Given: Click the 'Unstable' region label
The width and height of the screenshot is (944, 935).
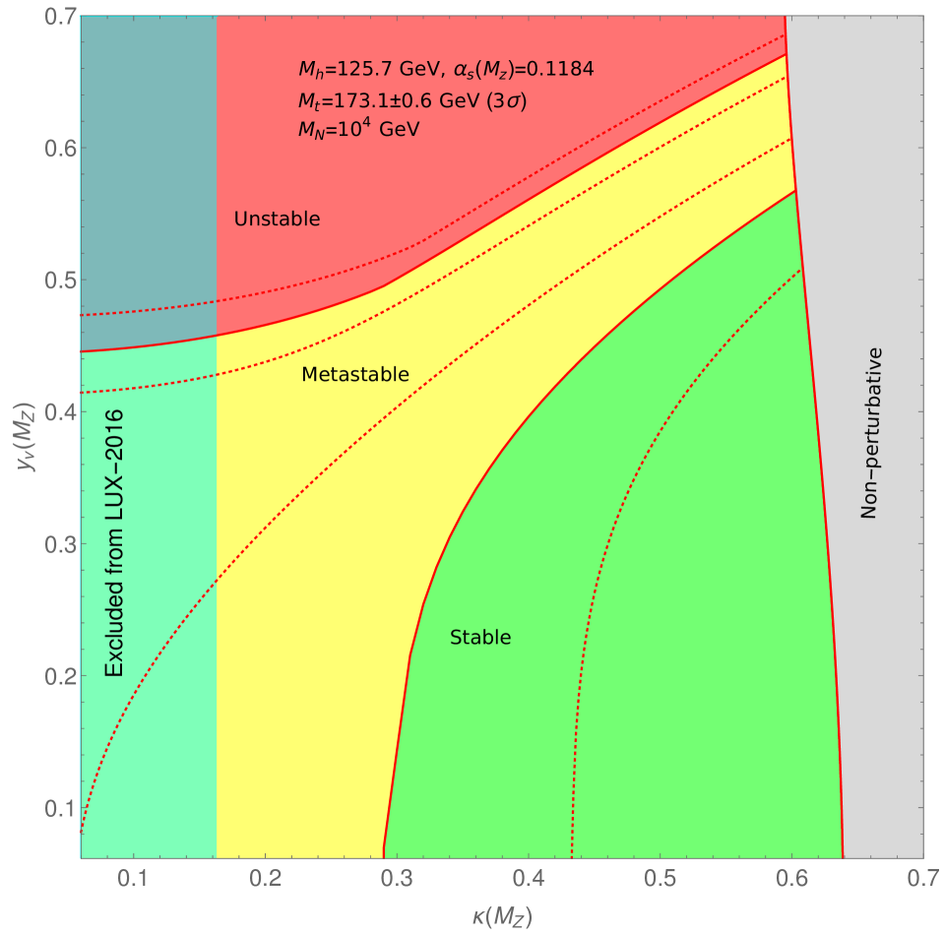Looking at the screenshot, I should pyautogui.click(x=278, y=218).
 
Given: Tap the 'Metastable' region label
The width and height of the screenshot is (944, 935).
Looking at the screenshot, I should pyautogui.click(x=355, y=375).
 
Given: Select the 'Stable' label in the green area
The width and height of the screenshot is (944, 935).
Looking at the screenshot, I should pyautogui.click(x=480, y=638).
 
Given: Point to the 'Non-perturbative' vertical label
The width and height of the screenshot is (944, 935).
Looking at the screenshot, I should pyautogui.click(x=869, y=433).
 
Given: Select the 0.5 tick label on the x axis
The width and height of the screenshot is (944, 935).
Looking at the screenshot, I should pyautogui.click(x=661, y=878).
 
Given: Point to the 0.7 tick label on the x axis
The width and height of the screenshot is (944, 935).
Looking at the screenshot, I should pyautogui.click(x=922, y=878).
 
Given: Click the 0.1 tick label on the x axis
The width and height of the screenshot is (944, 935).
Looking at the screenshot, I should pyautogui.click(x=133, y=878).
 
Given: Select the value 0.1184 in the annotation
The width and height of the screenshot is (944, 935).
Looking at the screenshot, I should pyautogui.click(x=559, y=70).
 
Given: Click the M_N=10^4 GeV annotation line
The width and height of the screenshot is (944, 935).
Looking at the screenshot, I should pyautogui.click(x=358, y=128).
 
